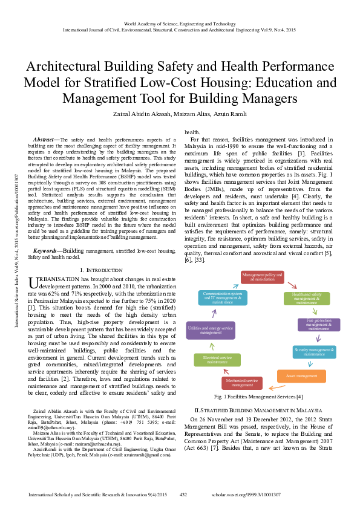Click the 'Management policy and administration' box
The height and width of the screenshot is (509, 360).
coord(262,277)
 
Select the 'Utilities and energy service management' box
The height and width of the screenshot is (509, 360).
coord(209,329)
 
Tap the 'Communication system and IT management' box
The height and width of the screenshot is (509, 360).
coord(223,297)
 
